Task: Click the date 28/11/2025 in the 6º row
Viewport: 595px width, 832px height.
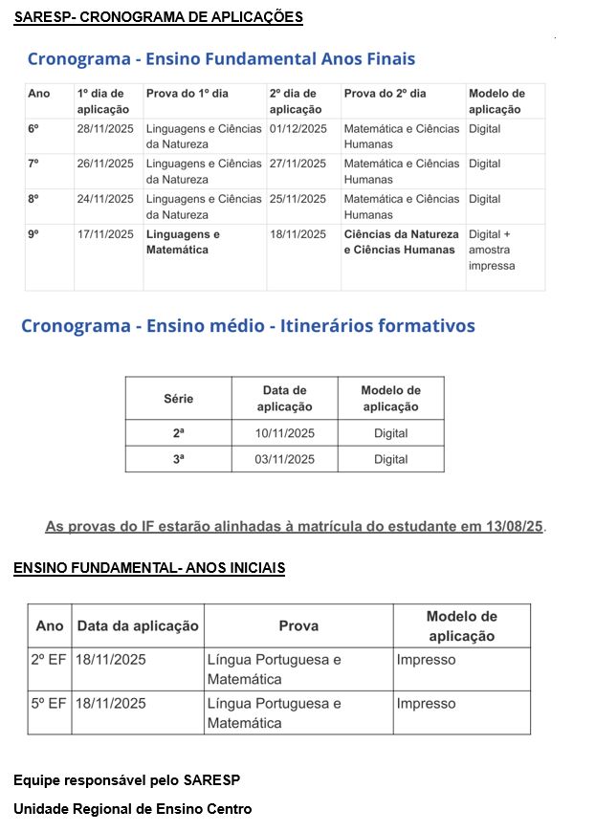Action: (105, 129)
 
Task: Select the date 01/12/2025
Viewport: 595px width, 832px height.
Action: (298, 129)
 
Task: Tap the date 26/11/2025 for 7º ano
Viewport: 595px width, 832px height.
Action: (105, 164)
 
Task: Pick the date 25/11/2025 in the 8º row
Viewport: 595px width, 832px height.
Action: (298, 199)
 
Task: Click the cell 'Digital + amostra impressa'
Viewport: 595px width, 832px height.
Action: (491, 250)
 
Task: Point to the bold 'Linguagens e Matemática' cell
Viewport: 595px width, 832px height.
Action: (183, 242)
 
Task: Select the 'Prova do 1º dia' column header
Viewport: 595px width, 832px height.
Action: (187, 94)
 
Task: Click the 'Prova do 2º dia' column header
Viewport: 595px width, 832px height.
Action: (385, 94)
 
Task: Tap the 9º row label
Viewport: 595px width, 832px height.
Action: (33, 234)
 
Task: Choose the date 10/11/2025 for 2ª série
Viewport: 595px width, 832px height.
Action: (284, 433)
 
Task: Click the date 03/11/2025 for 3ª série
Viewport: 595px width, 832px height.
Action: (284, 459)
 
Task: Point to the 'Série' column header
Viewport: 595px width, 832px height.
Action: (178, 399)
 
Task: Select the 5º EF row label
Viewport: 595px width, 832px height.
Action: (49, 704)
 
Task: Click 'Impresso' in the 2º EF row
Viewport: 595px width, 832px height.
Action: (426, 660)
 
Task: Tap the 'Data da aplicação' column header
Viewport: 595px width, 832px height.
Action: (138, 625)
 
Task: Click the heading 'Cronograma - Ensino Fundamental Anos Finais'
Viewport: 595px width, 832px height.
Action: (221, 59)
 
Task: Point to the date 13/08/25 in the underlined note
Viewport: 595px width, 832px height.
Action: (516, 527)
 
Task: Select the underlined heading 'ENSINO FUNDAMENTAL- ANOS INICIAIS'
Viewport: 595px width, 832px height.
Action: (149, 569)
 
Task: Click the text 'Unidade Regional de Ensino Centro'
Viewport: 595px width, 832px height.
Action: (133, 809)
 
